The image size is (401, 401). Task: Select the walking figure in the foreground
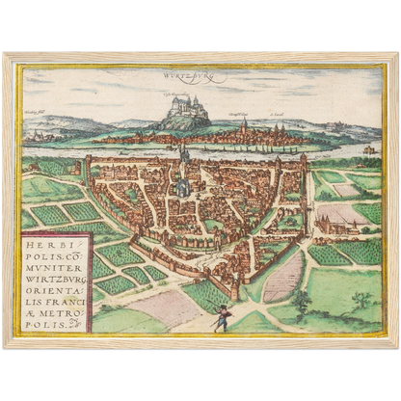[x=224, y=314]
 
